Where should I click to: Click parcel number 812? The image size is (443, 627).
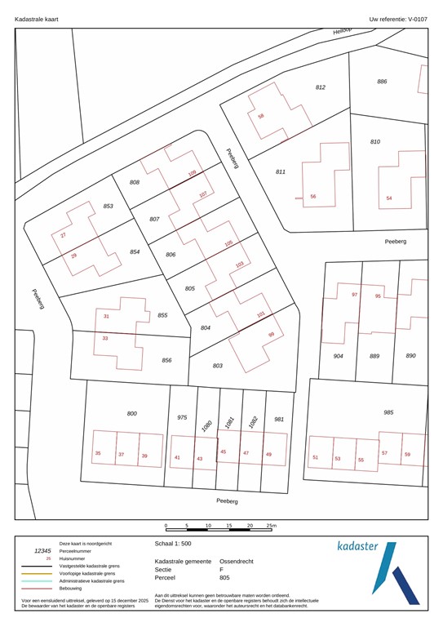tap(321, 87)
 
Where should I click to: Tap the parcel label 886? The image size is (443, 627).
tap(382, 82)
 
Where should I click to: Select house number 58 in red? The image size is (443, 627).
tap(261, 116)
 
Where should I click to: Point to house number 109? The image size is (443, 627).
tap(193, 174)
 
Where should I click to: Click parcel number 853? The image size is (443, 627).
tap(108, 207)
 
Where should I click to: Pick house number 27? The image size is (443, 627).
tap(63, 236)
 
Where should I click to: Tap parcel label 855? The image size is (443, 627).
tap(162, 315)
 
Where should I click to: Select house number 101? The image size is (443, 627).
tap(261, 314)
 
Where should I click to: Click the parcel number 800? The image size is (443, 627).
tap(132, 414)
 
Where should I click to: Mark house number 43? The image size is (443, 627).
tap(199, 459)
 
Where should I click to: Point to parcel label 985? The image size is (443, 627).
tap(388, 413)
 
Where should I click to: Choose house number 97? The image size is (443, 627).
tap(355, 295)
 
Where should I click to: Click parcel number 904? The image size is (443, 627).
tap(338, 356)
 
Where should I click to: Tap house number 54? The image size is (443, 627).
tap(389, 198)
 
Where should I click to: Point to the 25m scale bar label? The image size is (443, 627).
tap(272, 526)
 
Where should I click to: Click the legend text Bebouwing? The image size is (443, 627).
tap(74, 588)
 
